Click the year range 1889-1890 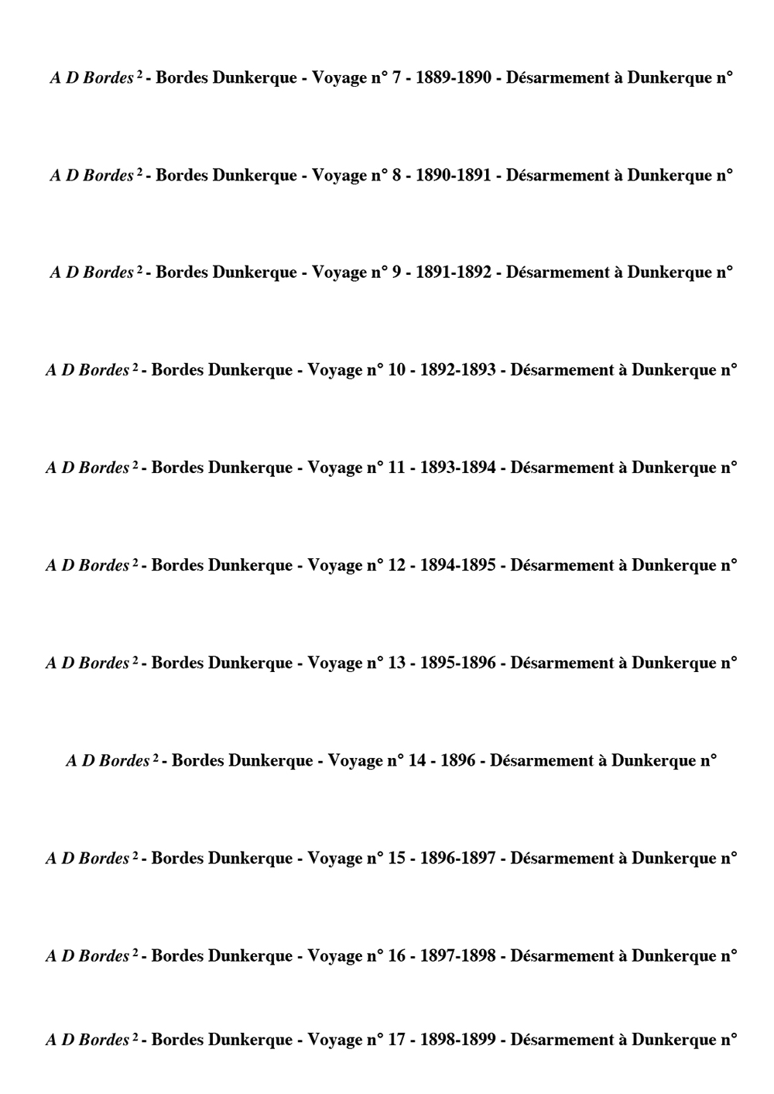pos(454,78)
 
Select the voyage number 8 pos(396,176)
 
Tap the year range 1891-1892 pos(454,273)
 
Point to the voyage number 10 pos(396,370)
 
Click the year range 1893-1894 pos(458,468)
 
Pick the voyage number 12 pos(396,565)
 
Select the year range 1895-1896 pos(458,663)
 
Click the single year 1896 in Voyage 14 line pos(457,761)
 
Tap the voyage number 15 pos(396,859)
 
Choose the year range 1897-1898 pos(458,956)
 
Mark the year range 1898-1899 pos(458,1040)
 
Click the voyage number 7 pos(396,78)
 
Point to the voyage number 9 pos(396,273)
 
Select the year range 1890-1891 pos(454,176)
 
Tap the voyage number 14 pos(416,761)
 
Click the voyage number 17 pos(396,1040)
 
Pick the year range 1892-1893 pos(458,370)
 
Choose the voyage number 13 pos(396,663)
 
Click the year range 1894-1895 pos(458,565)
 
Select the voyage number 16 pos(396,956)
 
